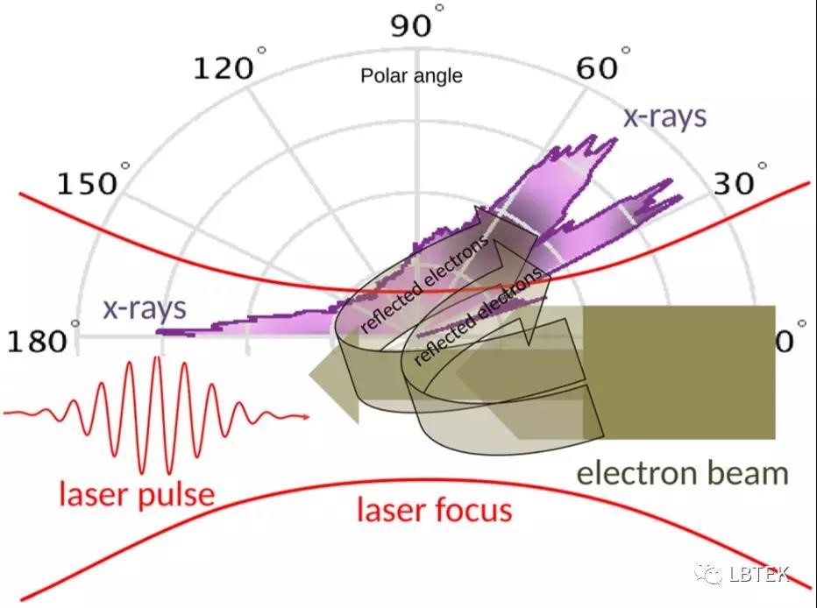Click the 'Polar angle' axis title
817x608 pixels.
point(411,76)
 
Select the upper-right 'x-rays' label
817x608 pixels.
point(664,117)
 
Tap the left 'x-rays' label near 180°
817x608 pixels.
point(145,308)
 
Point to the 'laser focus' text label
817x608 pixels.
point(434,509)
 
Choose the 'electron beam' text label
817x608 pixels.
point(682,474)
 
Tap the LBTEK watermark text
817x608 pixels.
point(758,574)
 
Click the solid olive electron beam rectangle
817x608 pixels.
point(679,372)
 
